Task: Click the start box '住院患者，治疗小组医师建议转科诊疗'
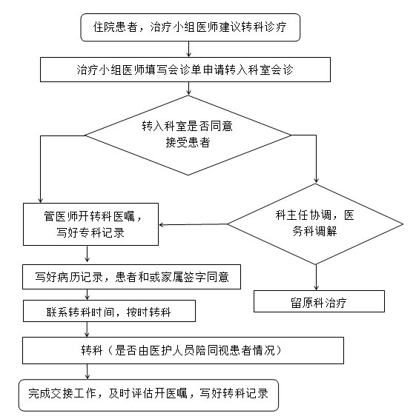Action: pyautogui.click(x=191, y=27)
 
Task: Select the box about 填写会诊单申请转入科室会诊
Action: pyautogui.click(x=185, y=70)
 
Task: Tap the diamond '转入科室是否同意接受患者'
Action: pyautogui.click(x=188, y=135)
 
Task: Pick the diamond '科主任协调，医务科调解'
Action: pyautogui.click(x=315, y=224)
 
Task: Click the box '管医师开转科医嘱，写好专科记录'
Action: pyautogui.click(x=90, y=224)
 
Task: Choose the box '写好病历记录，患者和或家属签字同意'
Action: pyautogui.click(x=131, y=277)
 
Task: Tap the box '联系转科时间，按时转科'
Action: pyautogui.click(x=109, y=311)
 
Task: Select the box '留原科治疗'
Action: pyautogui.click(x=319, y=301)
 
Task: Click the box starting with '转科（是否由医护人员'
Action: pyautogui.click(x=183, y=350)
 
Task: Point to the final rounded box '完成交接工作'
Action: pyautogui.click(x=148, y=395)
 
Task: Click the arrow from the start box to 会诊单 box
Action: pyautogui.click(x=189, y=49)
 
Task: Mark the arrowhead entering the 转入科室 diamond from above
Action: pyautogui.click(x=189, y=93)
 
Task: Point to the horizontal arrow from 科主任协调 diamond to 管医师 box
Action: pyautogui.click(x=193, y=224)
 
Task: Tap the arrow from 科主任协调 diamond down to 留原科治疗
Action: pyautogui.click(x=316, y=278)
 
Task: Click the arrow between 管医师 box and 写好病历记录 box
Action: pyautogui.click(x=87, y=254)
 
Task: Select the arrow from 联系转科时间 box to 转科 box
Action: pyautogui.click(x=87, y=329)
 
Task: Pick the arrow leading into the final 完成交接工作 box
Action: pyautogui.click(x=88, y=372)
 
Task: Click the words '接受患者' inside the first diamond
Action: pyautogui.click(x=188, y=142)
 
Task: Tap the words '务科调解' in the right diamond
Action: pyautogui.click(x=314, y=231)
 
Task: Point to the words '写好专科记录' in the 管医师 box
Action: pyautogui.click(x=90, y=232)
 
